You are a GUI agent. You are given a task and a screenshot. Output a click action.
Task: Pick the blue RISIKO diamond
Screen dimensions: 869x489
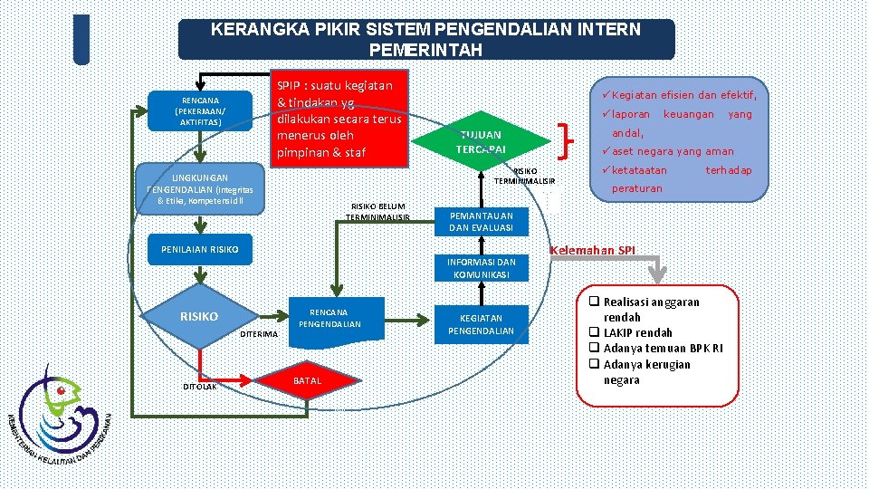198,317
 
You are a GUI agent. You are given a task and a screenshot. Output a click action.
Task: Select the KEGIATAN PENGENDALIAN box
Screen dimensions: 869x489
481,324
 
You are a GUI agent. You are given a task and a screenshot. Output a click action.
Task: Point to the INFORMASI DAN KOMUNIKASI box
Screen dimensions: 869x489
481,269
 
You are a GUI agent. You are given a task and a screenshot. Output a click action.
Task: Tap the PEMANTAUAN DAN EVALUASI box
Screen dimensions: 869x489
481,222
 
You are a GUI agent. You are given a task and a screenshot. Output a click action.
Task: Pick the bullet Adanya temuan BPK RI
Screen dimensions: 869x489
663,349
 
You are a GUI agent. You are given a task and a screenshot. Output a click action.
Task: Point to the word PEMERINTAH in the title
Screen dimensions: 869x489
425,50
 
